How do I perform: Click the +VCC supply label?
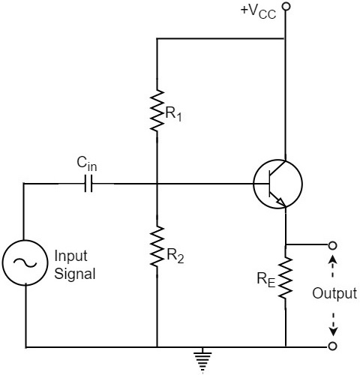257,11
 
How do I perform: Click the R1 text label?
173,115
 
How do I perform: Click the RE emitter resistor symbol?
286,281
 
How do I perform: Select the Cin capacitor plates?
90,182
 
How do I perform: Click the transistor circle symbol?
277,182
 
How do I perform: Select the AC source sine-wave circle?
26,262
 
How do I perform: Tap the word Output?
334,293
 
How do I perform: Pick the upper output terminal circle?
332,245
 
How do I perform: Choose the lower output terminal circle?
332,346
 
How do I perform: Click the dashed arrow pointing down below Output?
333,324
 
